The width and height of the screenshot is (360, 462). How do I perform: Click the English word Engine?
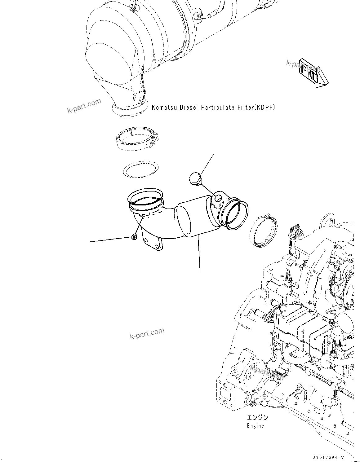coord(255,426)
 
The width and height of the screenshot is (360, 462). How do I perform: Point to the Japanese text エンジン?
coord(257,417)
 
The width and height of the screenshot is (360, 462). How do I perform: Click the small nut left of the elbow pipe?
coord(134,237)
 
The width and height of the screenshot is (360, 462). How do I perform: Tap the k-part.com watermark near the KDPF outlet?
coord(84,106)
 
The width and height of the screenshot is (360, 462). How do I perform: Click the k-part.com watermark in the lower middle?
coord(147,334)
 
